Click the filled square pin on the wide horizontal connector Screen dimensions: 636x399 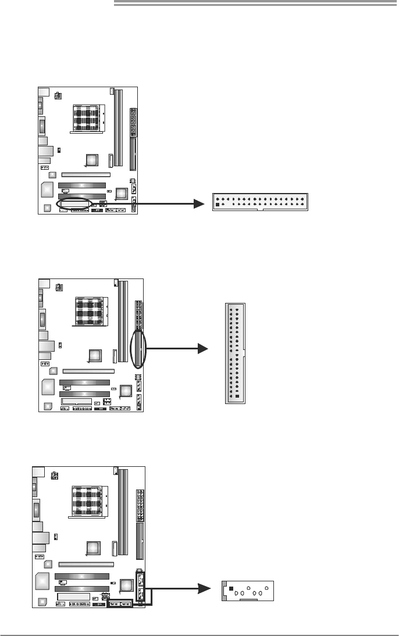click(x=218, y=205)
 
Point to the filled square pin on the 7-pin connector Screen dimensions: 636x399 click(x=231, y=588)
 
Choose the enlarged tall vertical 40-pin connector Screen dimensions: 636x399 click(x=236, y=352)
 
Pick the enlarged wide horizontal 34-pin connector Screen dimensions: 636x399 click(x=259, y=202)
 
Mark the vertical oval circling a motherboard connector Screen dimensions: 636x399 click(x=138, y=349)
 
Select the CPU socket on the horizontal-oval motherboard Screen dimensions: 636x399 click(x=88, y=119)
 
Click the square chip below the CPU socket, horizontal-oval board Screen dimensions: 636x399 click(x=91, y=159)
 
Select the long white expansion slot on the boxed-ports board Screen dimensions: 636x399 click(x=85, y=563)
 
